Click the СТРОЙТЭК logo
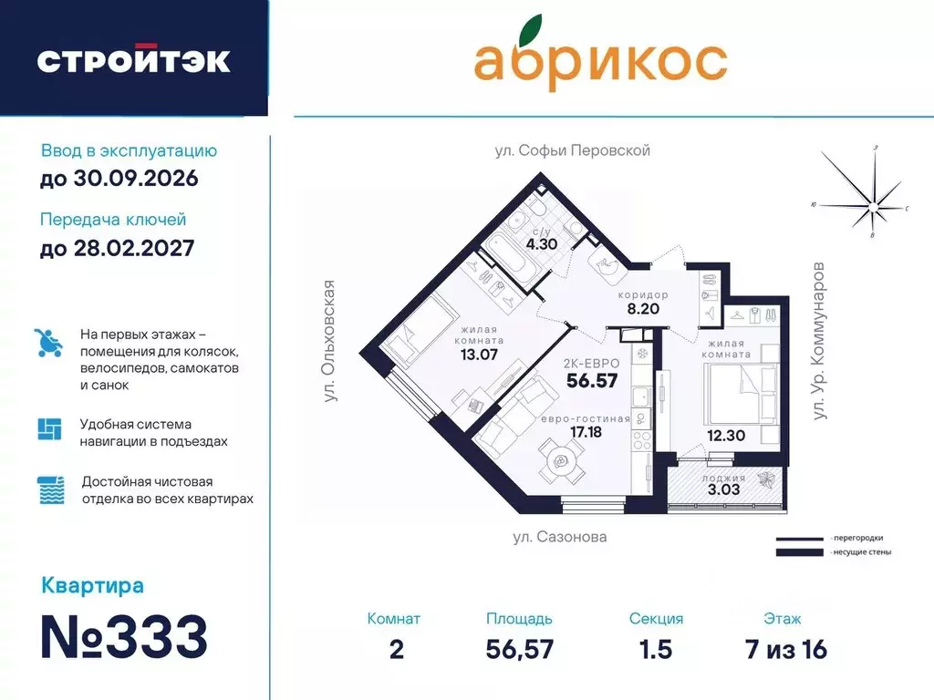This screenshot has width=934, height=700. click(x=133, y=60)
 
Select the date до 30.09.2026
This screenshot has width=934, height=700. click(x=119, y=179)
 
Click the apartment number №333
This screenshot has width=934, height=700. click(x=124, y=636)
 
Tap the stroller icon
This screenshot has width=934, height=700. click(x=49, y=343)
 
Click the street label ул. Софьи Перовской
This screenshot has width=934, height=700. click(x=572, y=150)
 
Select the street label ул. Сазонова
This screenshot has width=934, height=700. click(x=558, y=537)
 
